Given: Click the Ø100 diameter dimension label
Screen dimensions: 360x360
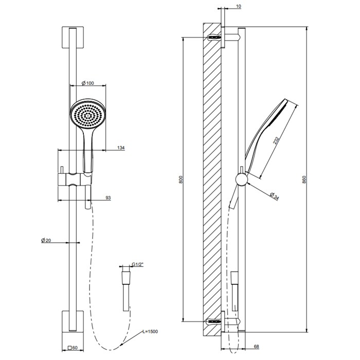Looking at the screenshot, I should [x=87, y=83].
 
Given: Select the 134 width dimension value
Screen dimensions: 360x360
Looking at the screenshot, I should [x=121, y=148].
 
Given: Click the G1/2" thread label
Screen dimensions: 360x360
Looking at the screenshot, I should [x=137, y=264].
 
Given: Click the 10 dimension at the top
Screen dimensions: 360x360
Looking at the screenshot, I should [x=238, y=7].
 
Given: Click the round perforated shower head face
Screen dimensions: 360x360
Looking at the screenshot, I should [x=85, y=115].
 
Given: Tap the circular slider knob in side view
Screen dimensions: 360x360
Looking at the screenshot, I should [x=241, y=179].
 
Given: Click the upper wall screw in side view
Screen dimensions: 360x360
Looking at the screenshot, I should [x=215, y=38].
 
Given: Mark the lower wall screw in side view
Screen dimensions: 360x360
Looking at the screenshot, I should [x=215, y=321].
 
